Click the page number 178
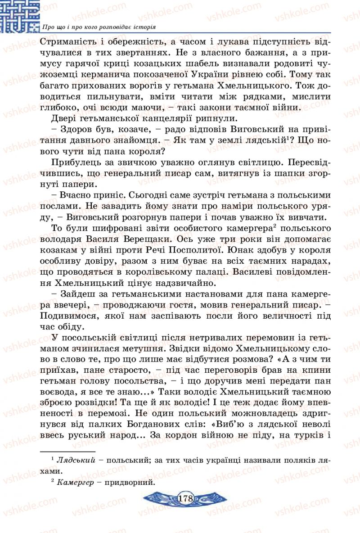click(x=185, y=498)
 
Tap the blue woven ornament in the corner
click(x=20, y=16)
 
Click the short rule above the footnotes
click(x=67, y=451)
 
